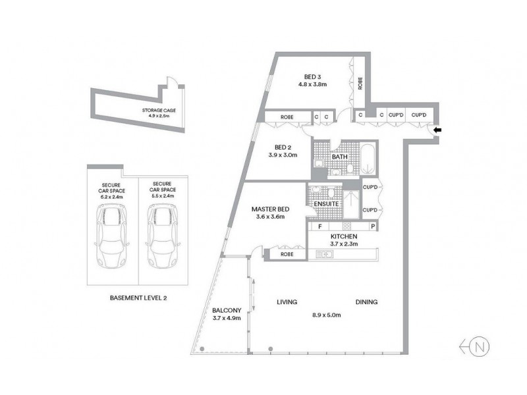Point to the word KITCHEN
pos(343,236)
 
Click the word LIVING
pos(286,302)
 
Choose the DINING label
pos(366,302)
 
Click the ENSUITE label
pos(327,204)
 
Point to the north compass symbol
pos(480,346)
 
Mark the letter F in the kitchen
pos(320,226)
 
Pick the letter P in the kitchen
pos(373,226)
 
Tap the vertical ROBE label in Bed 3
pos(360,84)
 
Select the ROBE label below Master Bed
pos(287,253)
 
